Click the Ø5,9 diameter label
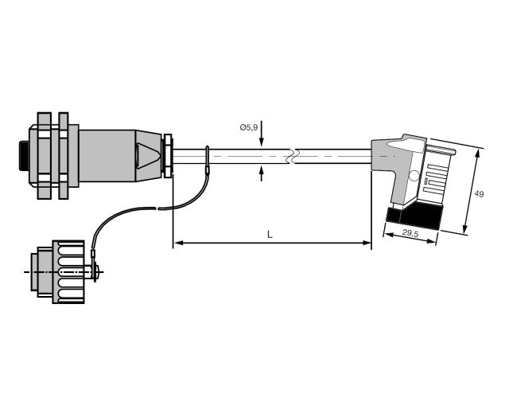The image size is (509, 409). point(249,127)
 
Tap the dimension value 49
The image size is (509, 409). point(479,194)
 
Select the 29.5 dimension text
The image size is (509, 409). point(410,233)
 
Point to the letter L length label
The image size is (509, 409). point(270,234)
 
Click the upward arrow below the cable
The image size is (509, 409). point(262,173)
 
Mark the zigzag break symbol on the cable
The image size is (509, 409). point(293,156)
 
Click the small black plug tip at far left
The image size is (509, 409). point(24,156)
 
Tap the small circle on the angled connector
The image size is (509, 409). point(414,176)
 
